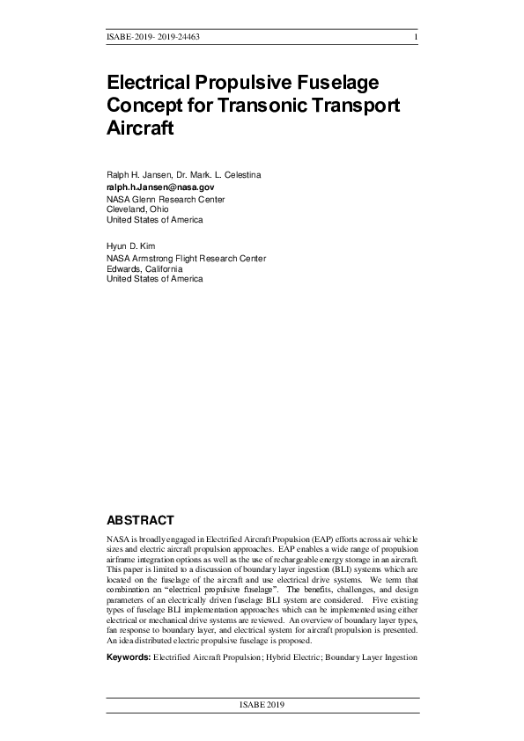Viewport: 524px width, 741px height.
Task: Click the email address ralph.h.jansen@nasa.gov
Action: (160, 187)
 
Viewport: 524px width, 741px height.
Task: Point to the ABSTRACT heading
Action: (140, 520)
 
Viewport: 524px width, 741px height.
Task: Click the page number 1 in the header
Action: (415, 37)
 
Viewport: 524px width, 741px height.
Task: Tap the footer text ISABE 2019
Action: (262, 706)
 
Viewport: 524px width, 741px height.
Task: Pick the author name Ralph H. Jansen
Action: (138, 175)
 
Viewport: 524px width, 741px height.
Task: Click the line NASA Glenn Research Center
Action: (166, 199)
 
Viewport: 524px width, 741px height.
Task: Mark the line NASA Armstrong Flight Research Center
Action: (186, 259)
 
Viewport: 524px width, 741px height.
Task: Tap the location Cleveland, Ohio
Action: (137, 209)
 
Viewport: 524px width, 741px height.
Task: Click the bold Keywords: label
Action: (129, 657)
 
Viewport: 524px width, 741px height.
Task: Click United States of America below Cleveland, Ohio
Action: (154, 220)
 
